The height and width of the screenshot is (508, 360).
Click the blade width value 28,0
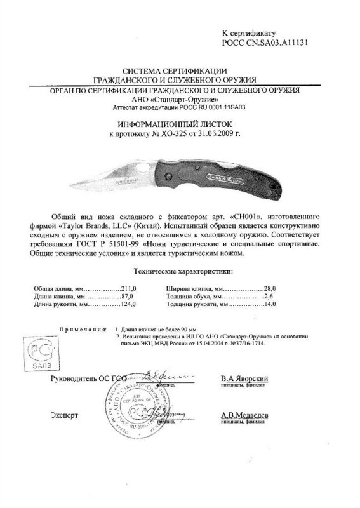[272, 288]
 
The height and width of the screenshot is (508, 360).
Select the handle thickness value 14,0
[272, 305]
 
